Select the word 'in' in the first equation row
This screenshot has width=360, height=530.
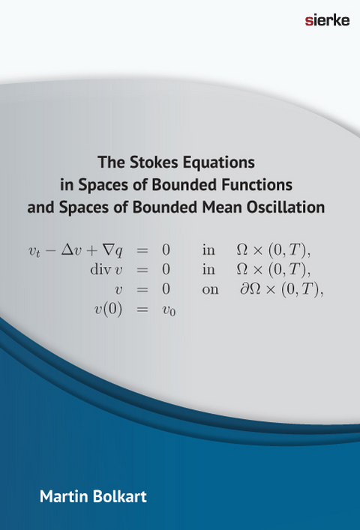pyautogui.click(x=209, y=250)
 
